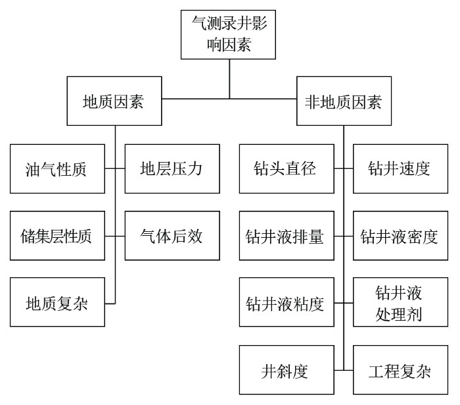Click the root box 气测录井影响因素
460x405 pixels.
(x=228, y=35)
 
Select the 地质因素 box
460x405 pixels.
(x=114, y=101)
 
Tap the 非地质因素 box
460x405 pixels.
(x=344, y=101)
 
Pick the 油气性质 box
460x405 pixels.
(x=58, y=169)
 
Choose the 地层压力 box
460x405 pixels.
(x=172, y=169)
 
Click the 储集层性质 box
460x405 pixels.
(x=58, y=236)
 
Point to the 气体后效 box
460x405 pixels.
(x=172, y=236)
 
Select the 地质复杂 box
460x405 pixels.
(x=58, y=302)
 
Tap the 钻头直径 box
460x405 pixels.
(x=287, y=169)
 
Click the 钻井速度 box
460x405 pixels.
(x=400, y=169)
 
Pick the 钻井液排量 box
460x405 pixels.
(x=287, y=236)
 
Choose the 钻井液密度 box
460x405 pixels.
(x=400, y=236)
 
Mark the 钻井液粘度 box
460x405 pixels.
(x=287, y=302)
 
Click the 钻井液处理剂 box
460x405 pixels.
(x=400, y=302)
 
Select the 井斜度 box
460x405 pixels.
(x=287, y=369)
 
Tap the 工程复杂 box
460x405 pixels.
(x=400, y=369)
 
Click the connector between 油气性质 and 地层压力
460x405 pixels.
(x=115, y=169)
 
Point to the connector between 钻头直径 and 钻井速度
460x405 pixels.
(x=344, y=169)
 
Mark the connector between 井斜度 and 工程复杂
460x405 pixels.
(x=344, y=370)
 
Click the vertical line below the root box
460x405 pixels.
(x=229, y=79)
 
